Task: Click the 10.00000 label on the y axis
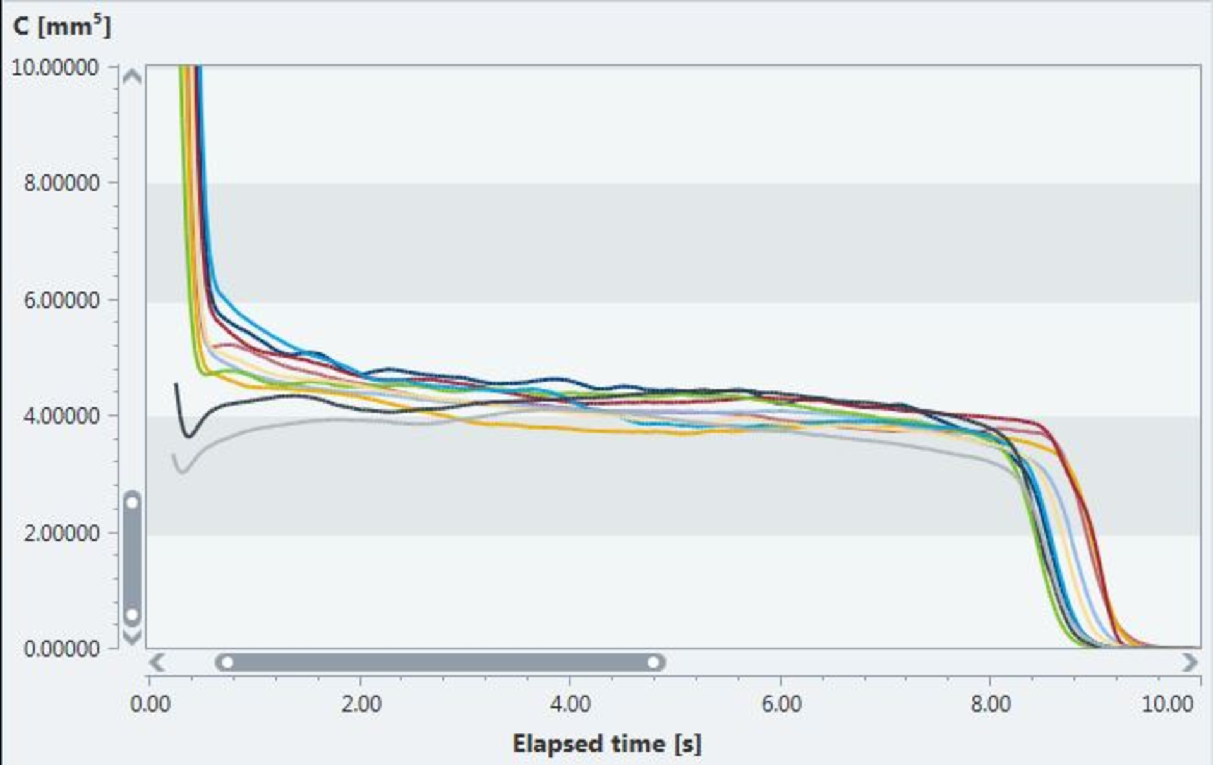[56, 67]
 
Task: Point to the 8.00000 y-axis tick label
[62, 183]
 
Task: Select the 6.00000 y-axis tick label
[62, 300]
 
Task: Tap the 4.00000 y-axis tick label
[62, 416]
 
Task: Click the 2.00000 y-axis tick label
[62, 533]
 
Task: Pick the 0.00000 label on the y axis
[62, 649]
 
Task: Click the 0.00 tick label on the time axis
[150, 704]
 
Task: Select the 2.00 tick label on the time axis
[361, 704]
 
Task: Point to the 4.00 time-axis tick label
[570, 704]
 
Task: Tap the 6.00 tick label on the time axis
[781, 704]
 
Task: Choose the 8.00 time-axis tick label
[991, 704]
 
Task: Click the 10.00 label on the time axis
[1168, 704]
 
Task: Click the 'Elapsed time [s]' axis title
[606, 744]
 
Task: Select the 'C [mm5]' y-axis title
[61, 27]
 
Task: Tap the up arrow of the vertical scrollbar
[132, 77]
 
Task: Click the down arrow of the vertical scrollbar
[132, 637]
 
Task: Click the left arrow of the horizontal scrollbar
[157, 663]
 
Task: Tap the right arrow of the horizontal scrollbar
[1189, 663]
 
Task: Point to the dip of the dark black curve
[188, 436]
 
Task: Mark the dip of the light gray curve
[183, 472]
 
